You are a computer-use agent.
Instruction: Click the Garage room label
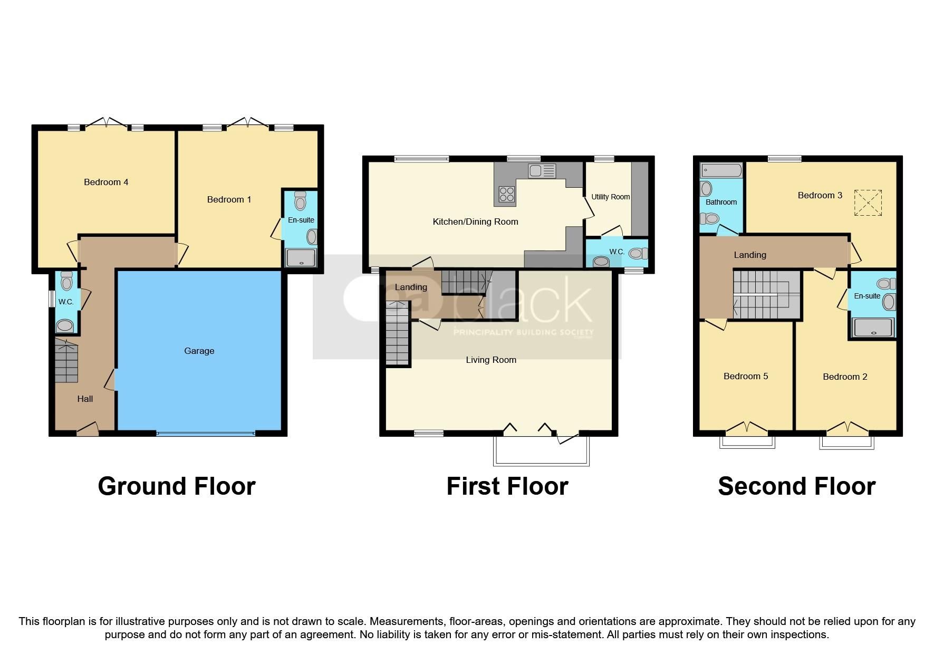[199, 351]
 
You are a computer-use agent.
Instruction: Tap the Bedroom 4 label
[106, 182]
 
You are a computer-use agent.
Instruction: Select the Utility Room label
[610, 197]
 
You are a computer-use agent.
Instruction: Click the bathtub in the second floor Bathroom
[721, 170]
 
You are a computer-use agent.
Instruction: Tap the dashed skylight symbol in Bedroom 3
[868, 203]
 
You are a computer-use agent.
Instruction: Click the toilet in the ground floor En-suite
[300, 201]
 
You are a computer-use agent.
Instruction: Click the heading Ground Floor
[177, 486]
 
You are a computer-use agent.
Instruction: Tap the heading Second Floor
[796, 486]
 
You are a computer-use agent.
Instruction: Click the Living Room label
[490, 360]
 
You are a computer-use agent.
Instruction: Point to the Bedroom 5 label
[745, 376]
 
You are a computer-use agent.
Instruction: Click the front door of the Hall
[88, 430]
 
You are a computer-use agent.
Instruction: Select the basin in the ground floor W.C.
[65, 325]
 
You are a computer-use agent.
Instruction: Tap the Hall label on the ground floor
[85, 399]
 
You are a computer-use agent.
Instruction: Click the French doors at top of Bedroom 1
[246, 123]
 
